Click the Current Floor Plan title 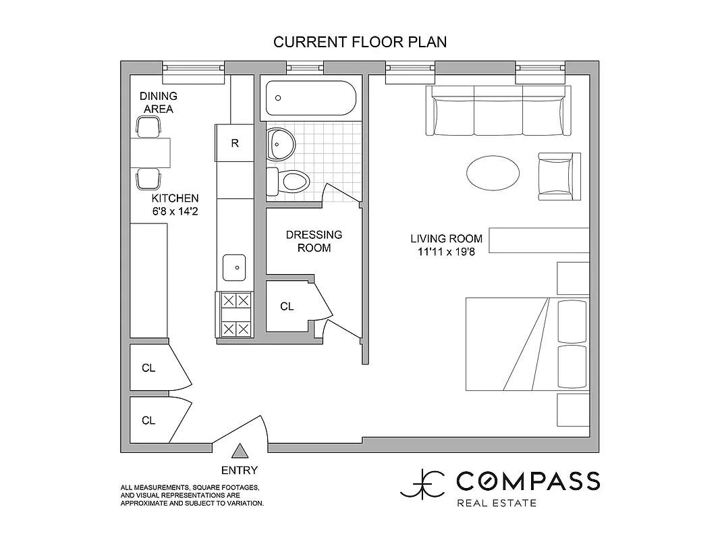(x=360, y=42)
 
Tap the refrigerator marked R (x=234, y=143)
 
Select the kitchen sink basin (x=235, y=268)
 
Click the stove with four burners (x=235, y=314)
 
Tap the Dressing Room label (x=314, y=241)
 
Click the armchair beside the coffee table (x=559, y=173)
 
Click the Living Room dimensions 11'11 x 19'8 (x=446, y=245)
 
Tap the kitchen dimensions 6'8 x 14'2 (x=175, y=205)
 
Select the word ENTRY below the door (x=239, y=470)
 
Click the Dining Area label (x=158, y=103)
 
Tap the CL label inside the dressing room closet (x=287, y=306)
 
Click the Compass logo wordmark (x=527, y=481)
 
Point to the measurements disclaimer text (x=192, y=495)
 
